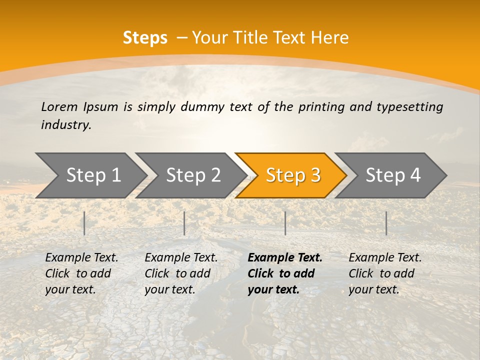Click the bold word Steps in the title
(145, 38)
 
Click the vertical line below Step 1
(84, 223)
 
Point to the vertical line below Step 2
(184, 223)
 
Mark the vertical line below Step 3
(285, 223)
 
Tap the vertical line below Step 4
(386, 223)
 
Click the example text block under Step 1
(81, 273)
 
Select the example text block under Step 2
(181, 273)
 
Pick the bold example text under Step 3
(285, 273)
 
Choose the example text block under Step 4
(385, 273)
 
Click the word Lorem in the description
(59, 106)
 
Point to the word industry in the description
(66, 125)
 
